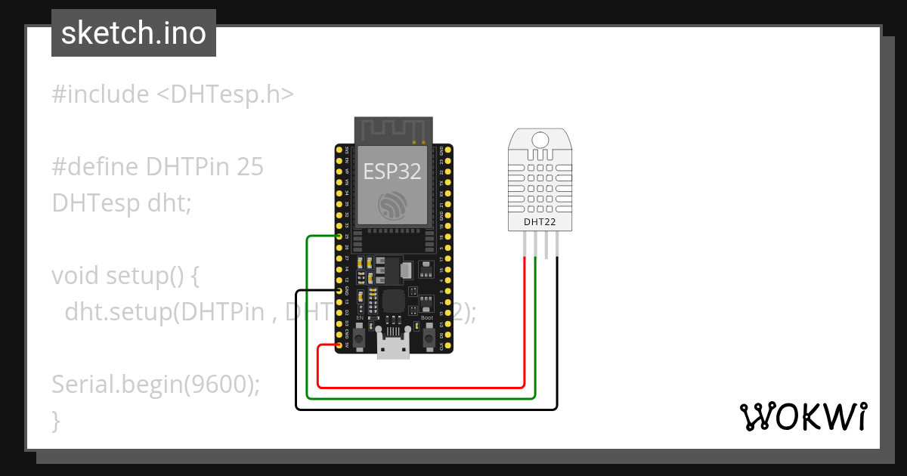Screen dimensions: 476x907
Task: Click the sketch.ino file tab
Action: pyautogui.click(x=134, y=33)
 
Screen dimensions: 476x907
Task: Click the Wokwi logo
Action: pyautogui.click(x=803, y=416)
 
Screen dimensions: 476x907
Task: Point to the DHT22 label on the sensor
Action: pyautogui.click(x=540, y=221)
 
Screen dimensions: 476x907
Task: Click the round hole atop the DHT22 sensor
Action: pyautogui.click(x=540, y=139)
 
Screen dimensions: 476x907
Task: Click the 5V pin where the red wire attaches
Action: pyautogui.click(x=338, y=345)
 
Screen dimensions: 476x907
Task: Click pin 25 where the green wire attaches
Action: pyautogui.click(x=338, y=236)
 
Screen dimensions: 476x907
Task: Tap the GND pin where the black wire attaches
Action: pyautogui.click(x=338, y=290)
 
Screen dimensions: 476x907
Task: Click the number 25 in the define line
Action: pyautogui.click(x=250, y=167)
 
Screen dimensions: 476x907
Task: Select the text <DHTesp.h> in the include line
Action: pyautogui.click(x=225, y=94)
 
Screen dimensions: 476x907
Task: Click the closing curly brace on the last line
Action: pyautogui.click(x=56, y=419)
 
